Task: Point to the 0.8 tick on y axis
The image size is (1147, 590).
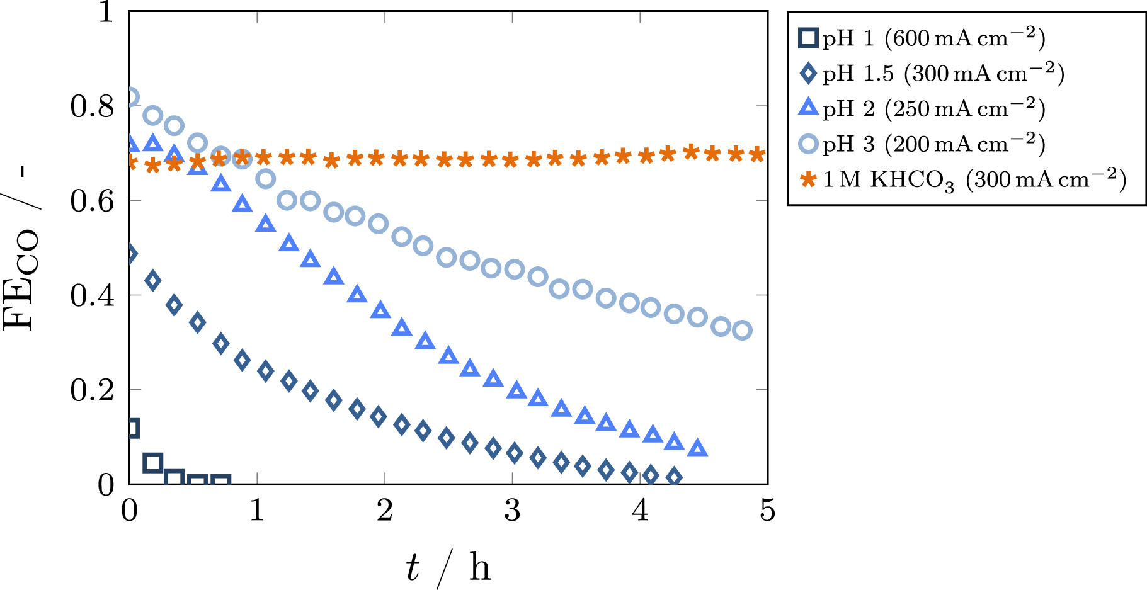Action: [92, 106]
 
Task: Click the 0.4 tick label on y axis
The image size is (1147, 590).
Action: [92, 295]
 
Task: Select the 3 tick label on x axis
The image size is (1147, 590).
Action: [512, 510]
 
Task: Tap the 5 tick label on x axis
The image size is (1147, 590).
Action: [767, 510]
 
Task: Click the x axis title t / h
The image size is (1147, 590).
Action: [448, 567]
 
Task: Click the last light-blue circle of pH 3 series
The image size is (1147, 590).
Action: [743, 330]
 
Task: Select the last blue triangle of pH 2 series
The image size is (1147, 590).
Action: [697, 448]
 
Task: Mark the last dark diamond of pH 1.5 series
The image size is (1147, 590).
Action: [674, 477]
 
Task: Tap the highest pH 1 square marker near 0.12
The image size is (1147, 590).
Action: [132, 428]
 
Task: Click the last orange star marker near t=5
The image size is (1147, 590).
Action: [758, 154]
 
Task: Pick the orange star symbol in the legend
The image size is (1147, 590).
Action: [808, 180]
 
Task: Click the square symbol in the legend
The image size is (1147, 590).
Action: [808, 38]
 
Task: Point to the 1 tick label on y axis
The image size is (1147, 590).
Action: [106, 12]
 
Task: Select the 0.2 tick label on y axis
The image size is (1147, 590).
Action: [92, 390]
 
